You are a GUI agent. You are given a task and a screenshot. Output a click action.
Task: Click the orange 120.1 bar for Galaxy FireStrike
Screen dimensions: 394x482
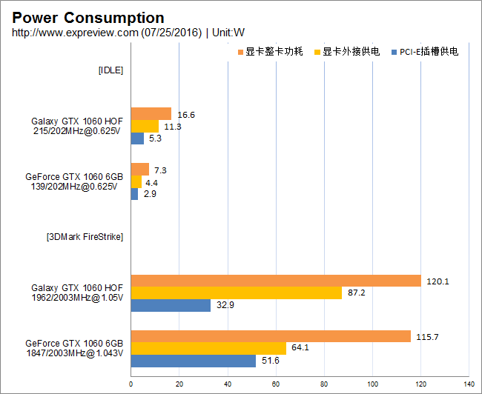click(276, 281)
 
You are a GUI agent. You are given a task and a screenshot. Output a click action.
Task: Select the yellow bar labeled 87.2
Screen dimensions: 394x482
click(237, 293)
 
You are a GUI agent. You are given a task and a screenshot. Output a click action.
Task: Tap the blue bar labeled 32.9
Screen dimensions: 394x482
click(171, 305)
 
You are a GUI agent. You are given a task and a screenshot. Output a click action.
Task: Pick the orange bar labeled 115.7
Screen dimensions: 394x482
click(271, 336)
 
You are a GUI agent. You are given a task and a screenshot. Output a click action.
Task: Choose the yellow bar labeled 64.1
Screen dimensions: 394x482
click(208, 348)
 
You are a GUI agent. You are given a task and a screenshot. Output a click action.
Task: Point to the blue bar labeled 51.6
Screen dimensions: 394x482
click(194, 361)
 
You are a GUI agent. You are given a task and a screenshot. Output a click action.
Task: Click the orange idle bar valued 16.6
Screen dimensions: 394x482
click(151, 114)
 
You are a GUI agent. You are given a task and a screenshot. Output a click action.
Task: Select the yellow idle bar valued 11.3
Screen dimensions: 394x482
click(145, 126)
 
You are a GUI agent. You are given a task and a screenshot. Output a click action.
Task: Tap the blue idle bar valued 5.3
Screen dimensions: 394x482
click(137, 138)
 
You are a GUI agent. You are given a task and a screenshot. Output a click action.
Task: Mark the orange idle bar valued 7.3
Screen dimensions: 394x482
click(140, 170)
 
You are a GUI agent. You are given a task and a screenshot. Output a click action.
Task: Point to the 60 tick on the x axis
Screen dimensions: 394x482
click(276, 384)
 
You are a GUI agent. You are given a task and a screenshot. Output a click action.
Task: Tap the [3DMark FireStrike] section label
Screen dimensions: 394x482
click(85, 237)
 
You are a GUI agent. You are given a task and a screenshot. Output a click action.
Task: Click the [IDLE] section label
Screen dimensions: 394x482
click(110, 70)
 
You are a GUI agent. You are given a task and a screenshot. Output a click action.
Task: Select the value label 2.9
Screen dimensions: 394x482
click(150, 194)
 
